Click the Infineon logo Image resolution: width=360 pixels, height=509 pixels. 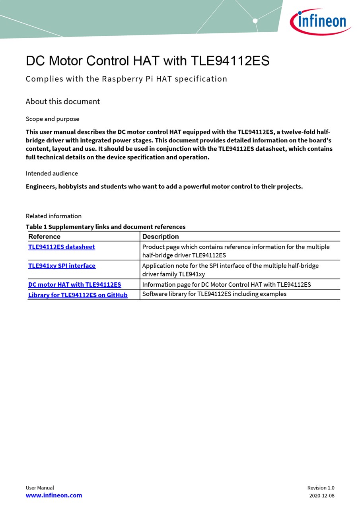(x=320, y=21)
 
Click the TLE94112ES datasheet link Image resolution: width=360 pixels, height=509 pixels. (x=62, y=247)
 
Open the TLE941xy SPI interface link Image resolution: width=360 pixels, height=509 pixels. (x=62, y=266)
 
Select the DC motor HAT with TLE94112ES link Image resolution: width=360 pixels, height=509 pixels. (x=74, y=285)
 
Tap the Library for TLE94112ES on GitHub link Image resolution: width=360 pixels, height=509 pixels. (x=78, y=295)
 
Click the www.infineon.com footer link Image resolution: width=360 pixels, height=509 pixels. (x=54, y=495)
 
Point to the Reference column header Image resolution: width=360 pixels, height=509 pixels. (x=44, y=237)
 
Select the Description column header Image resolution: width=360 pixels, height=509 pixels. (x=160, y=237)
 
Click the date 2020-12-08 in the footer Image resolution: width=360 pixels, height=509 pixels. (x=321, y=496)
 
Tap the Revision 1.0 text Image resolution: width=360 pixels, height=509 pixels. (x=321, y=488)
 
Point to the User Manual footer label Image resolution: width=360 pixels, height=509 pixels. (x=40, y=488)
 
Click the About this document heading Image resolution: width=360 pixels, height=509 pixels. (x=63, y=101)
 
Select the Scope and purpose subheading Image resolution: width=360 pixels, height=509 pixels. (x=53, y=119)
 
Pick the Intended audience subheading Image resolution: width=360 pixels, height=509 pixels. (x=52, y=173)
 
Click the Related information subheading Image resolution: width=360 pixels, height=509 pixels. (x=54, y=216)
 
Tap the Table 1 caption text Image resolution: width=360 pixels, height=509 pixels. (x=105, y=227)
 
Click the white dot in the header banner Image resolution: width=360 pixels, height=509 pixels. (x=255, y=21)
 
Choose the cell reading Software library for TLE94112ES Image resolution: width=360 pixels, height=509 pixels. (x=214, y=294)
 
